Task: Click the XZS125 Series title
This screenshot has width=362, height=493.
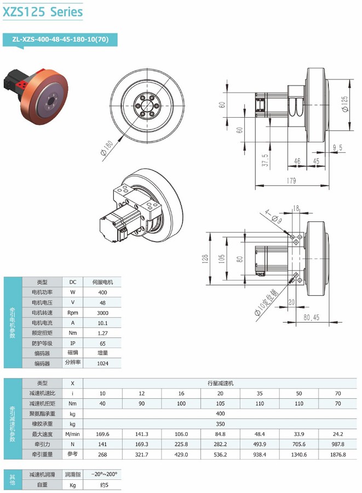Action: click(x=43, y=11)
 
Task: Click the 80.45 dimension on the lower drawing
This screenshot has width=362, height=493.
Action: click(x=311, y=317)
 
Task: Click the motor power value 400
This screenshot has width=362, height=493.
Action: click(x=103, y=293)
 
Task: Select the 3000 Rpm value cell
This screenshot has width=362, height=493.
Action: click(x=103, y=313)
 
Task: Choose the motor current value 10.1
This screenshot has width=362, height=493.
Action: click(x=103, y=323)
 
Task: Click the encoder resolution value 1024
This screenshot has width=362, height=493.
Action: click(x=103, y=363)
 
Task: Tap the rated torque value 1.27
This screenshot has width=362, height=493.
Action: click(x=103, y=333)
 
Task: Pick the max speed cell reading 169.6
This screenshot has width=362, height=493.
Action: click(x=102, y=434)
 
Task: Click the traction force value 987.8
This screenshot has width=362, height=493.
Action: click(x=338, y=444)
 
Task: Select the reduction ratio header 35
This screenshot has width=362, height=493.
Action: click(x=259, y=393)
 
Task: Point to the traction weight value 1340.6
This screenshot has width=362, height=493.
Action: click(x=298, y=454)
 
